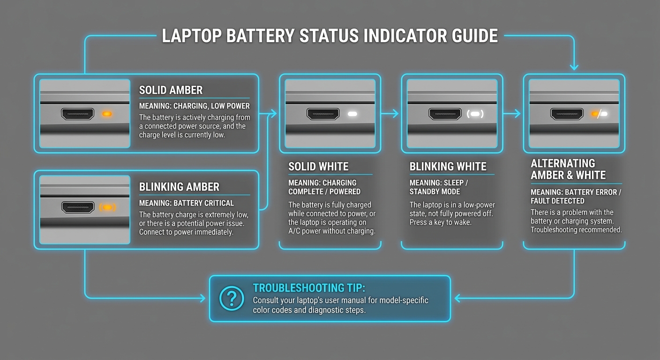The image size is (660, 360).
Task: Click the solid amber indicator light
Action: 107,114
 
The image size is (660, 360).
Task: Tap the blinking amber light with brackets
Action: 107,207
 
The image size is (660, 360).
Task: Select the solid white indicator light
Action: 352,114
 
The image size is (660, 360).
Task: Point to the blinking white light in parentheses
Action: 475,114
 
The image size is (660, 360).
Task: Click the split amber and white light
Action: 599,113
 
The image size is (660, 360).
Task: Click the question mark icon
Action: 232,298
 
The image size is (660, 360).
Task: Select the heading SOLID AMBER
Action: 170,90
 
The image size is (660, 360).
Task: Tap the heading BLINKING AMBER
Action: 179,187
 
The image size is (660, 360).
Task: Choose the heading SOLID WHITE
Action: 318,166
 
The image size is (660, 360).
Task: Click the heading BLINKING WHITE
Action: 448,166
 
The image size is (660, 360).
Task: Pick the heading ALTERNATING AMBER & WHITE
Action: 568,169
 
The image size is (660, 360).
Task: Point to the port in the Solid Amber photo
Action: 77,114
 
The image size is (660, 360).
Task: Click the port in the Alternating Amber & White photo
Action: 567,114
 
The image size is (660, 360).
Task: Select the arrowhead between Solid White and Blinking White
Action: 395,113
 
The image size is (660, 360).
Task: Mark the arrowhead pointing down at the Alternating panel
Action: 574,67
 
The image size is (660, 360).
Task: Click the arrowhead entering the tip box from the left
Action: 202,298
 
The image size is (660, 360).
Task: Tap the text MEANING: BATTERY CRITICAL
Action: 186,203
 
